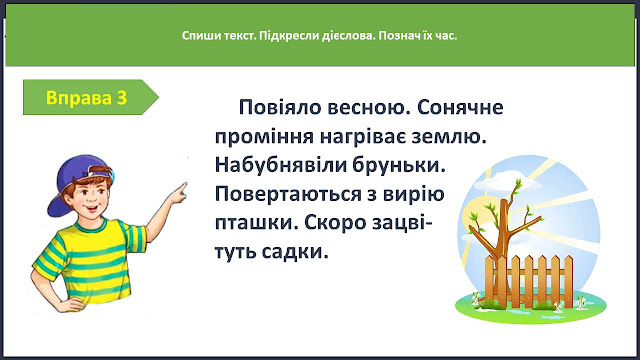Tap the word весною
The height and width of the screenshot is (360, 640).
point(369,108)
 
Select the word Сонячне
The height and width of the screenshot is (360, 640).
point(460,108)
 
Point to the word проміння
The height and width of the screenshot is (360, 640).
point(264,138)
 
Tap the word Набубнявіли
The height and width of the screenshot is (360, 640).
point(280,165)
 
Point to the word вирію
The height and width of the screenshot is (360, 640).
point(413,195)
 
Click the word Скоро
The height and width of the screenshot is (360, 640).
point(335,223)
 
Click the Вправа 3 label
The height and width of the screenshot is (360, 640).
point(87,98)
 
